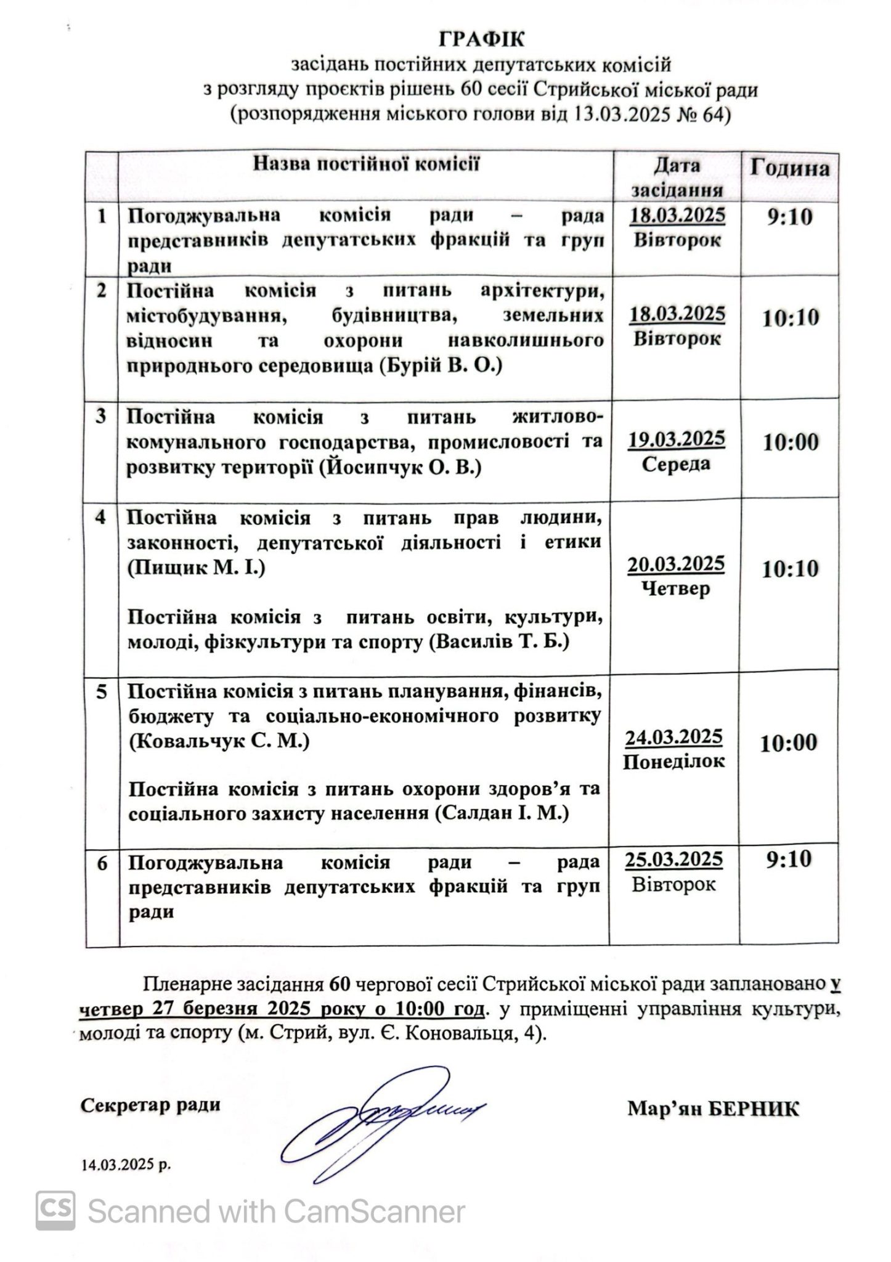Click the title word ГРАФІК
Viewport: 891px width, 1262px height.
coord(482,40)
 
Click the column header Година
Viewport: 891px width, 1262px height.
coord(789,169)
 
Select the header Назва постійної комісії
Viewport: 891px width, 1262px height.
coord(366,165)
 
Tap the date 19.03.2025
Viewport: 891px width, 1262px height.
coord(677,439)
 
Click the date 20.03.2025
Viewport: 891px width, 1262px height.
coord(676,564)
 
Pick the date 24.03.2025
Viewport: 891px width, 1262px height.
coord(673,737)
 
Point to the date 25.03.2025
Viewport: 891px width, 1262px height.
coord(673,858)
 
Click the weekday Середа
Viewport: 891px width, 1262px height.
coord(676,464)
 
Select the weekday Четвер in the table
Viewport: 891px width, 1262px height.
coord(676,589)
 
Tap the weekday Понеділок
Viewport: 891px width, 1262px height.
coord(673,762)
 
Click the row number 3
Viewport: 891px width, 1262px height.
coord(101,417)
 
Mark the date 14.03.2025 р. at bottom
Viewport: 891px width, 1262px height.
coord(126,1166)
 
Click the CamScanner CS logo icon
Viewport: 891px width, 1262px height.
coord(55,1211)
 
